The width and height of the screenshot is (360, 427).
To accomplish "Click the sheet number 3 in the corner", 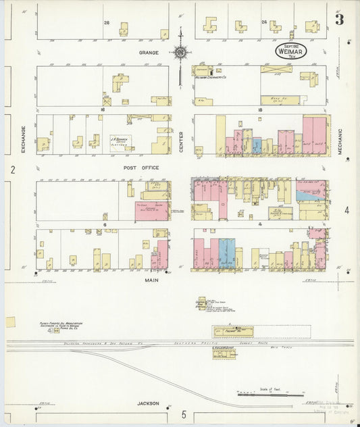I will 340,20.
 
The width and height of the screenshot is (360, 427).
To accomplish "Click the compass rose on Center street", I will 181,51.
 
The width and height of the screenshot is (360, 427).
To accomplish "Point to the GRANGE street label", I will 149,52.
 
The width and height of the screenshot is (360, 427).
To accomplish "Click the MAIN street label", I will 151,278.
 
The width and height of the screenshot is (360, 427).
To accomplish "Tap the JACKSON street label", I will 148,403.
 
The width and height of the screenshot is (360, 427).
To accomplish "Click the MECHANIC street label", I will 340,142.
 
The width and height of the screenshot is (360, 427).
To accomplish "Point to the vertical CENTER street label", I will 182,141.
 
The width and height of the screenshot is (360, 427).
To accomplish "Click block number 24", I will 264,22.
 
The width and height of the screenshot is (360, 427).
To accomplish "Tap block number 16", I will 105,108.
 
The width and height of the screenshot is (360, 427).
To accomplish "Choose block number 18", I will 259,109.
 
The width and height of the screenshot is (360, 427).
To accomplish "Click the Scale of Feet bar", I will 270,393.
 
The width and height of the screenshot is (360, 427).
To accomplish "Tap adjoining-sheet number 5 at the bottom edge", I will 183,414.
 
